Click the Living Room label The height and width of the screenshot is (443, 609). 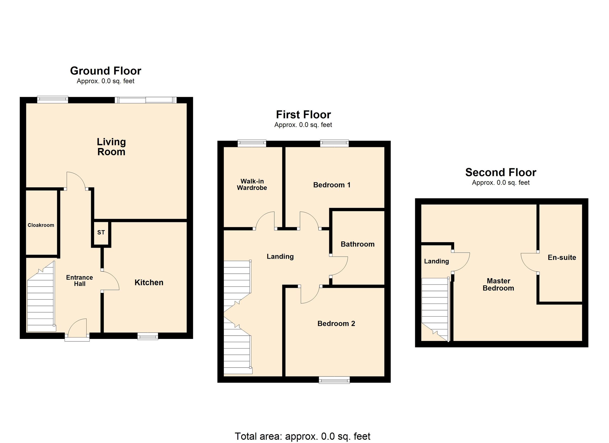(x=111, y=147)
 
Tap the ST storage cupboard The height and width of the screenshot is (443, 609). (x=101, y=232)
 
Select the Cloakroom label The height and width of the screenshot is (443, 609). (x=41, y=225)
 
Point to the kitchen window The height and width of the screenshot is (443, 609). (x=147, y=336)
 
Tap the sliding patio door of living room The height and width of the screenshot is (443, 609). (x=146, y=100)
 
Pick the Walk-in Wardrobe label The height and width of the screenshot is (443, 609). (x=252, y=185)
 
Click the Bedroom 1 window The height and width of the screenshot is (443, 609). (x=334, y=143)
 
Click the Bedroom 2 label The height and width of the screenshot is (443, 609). (x=336, y=323)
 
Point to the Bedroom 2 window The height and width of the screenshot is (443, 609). (x=334, y=380)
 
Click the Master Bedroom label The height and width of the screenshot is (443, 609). (x=498, y=285)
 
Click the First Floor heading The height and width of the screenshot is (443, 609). (x=303, y=115)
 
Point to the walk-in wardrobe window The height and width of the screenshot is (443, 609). (x=252, y=143)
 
